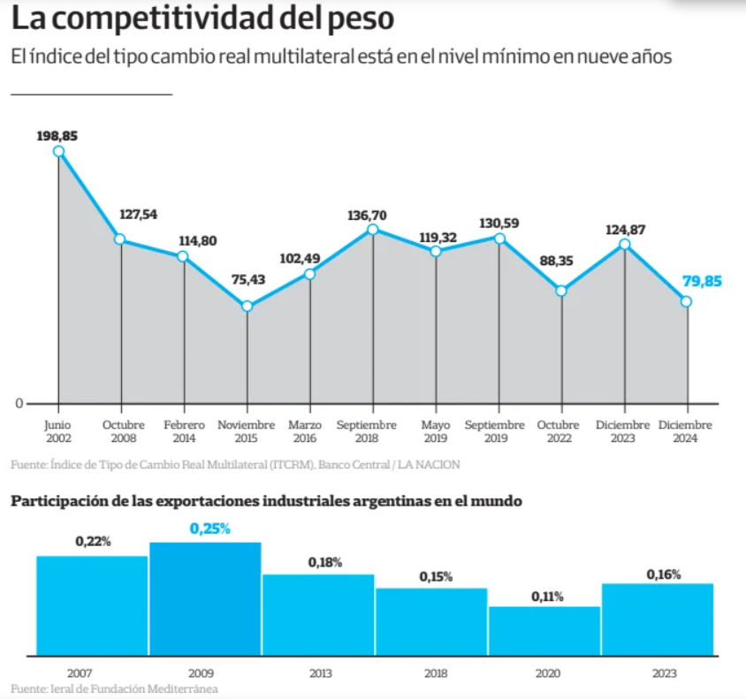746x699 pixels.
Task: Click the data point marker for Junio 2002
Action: click(59, 151)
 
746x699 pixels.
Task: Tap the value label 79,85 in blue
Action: click(702, 281)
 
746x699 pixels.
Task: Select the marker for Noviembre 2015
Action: click(247, 307)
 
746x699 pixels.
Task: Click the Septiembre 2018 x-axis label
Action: click(367, 431)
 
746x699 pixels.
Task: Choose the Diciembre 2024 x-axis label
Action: click(685, 431)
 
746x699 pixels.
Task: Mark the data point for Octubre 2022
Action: click(561, 291)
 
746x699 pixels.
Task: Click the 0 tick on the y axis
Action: click(19, 404)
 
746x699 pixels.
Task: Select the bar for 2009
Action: click(205, 599)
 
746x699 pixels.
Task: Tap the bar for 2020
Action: click(544, 631)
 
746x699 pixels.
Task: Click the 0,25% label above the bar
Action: click(209, 528)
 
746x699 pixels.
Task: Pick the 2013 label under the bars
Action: click(320, 673)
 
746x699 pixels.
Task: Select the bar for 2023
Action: click(658, 619)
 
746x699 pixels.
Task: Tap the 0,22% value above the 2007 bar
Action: click(93, 542)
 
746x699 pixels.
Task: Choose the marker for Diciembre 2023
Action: click(625, 244)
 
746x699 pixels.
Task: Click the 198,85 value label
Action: click(57, 135)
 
